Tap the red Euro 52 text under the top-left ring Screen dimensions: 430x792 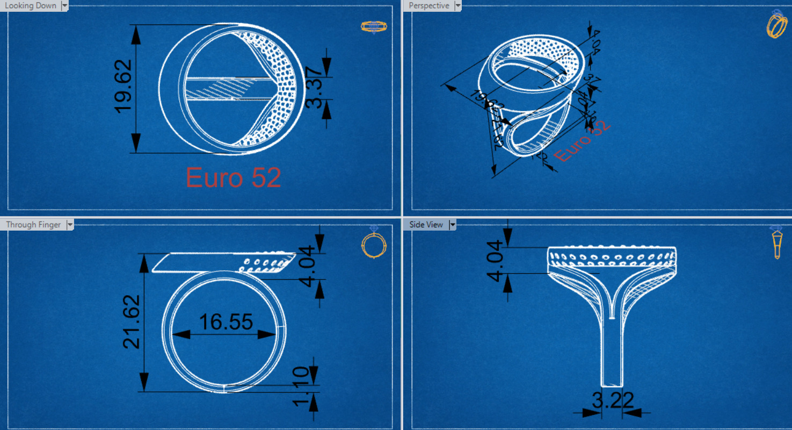(x=234, y=177)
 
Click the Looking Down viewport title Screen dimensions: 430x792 (x=31, y=5)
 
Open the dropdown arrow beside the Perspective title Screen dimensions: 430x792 (x=457, y=5)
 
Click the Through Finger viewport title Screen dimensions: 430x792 (x=33, y=225)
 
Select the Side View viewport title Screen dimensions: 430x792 (x=426, y=225)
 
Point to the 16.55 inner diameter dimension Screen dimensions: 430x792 (x=226, y=322)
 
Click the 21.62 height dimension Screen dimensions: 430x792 (x=132, y=321)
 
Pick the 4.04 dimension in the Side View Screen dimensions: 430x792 (x=496, y=260)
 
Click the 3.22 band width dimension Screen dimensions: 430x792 (x=613, y=400)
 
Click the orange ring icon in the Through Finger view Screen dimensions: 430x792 (x=374, y=244)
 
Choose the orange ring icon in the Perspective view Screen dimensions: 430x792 (x=776, y=24)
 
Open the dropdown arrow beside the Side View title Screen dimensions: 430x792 (x=453, y=225)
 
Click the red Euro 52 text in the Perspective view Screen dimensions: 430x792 (x=582, y=141)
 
